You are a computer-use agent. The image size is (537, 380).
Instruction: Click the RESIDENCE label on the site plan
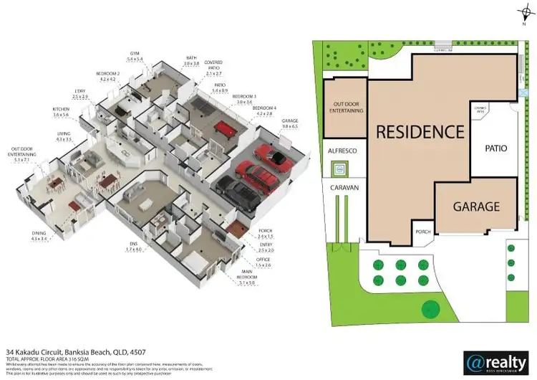coord(420,132)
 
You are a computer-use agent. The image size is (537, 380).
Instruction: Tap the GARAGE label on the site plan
coord(476,206)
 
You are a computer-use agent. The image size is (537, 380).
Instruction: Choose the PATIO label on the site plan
coord(495,149)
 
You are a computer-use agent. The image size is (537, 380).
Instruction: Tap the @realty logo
coord(495,361)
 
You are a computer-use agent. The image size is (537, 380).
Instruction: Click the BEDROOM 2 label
coord(108,76)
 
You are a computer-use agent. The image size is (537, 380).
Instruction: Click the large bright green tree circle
coord(430,310)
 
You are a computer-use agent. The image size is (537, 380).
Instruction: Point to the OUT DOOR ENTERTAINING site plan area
coord(344,108)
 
